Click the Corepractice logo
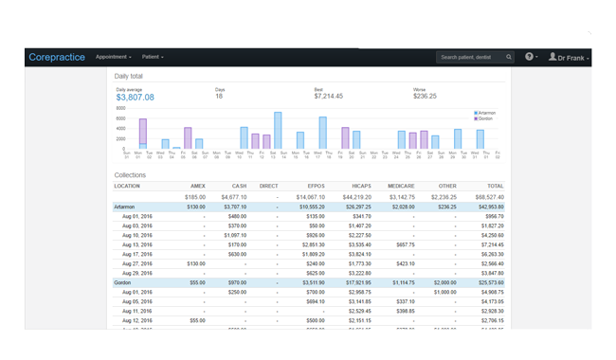(x=57, y=57)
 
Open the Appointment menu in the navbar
(x=113, y=57)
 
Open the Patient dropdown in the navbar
(x=153, y=57)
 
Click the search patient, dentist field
(x=471, y=57)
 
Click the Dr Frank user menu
(x=569, y=58)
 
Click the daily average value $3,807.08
(x=135, y=98)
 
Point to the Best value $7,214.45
(x=329, y=96)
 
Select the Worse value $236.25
(x=425, y=96)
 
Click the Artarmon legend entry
(x=485, y=113)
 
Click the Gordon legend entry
(x=484, y=118)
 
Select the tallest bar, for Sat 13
(x=278, y=131)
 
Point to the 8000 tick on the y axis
(x=120, y=108)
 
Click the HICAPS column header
(x=360, y=186)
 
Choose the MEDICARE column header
(x=401, y=186)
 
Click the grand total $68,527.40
(x=489, y=197)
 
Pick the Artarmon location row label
(x=125, y=207)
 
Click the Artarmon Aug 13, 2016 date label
(x=136, y=244)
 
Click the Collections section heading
(x=130, y=174)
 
